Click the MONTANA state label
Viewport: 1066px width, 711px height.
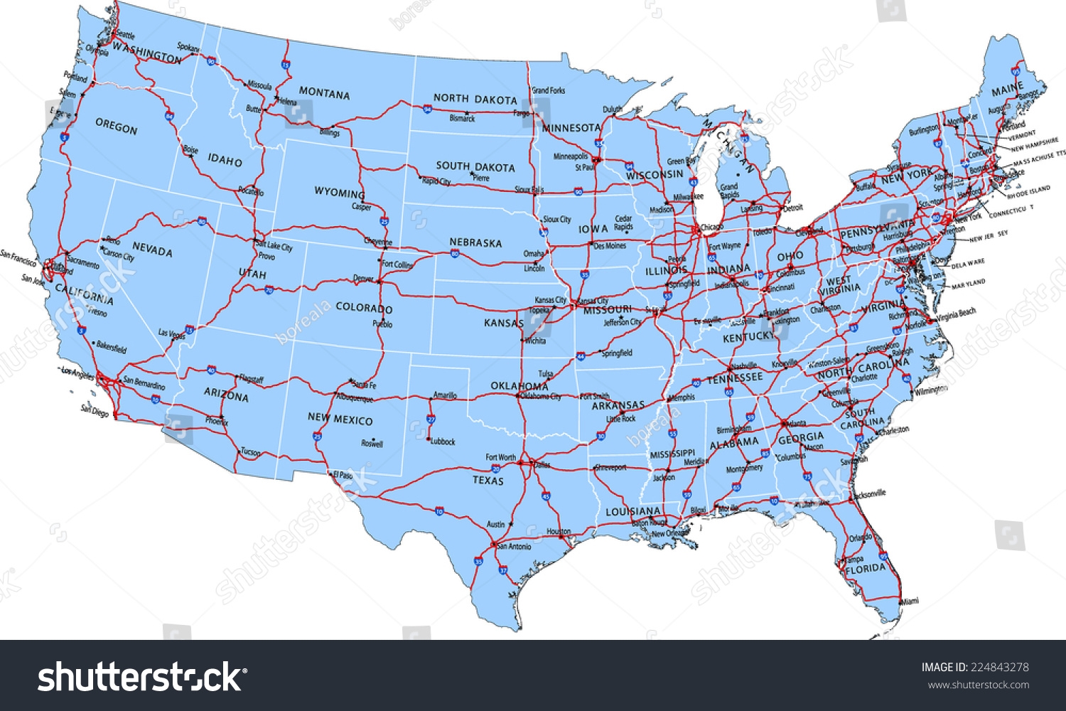point(324,93)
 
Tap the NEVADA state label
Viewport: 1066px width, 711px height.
point(152,250)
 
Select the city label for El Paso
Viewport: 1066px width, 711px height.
point(343,474)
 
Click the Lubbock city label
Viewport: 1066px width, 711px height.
point(442,442)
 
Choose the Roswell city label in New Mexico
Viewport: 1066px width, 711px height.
point(372,444)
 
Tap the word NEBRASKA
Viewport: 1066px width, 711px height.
point(475,242)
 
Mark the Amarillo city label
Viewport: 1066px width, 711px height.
point(445,395)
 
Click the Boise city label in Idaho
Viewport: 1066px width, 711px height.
point(190,150)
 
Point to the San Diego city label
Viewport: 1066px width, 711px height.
point(95,410)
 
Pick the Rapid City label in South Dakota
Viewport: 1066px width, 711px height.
point(436,181)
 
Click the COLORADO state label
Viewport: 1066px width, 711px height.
point(364,308)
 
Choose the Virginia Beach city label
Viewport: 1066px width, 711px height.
point(957,314)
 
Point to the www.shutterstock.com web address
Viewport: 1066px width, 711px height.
point(979,685)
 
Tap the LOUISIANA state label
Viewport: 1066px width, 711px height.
point(632,511)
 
